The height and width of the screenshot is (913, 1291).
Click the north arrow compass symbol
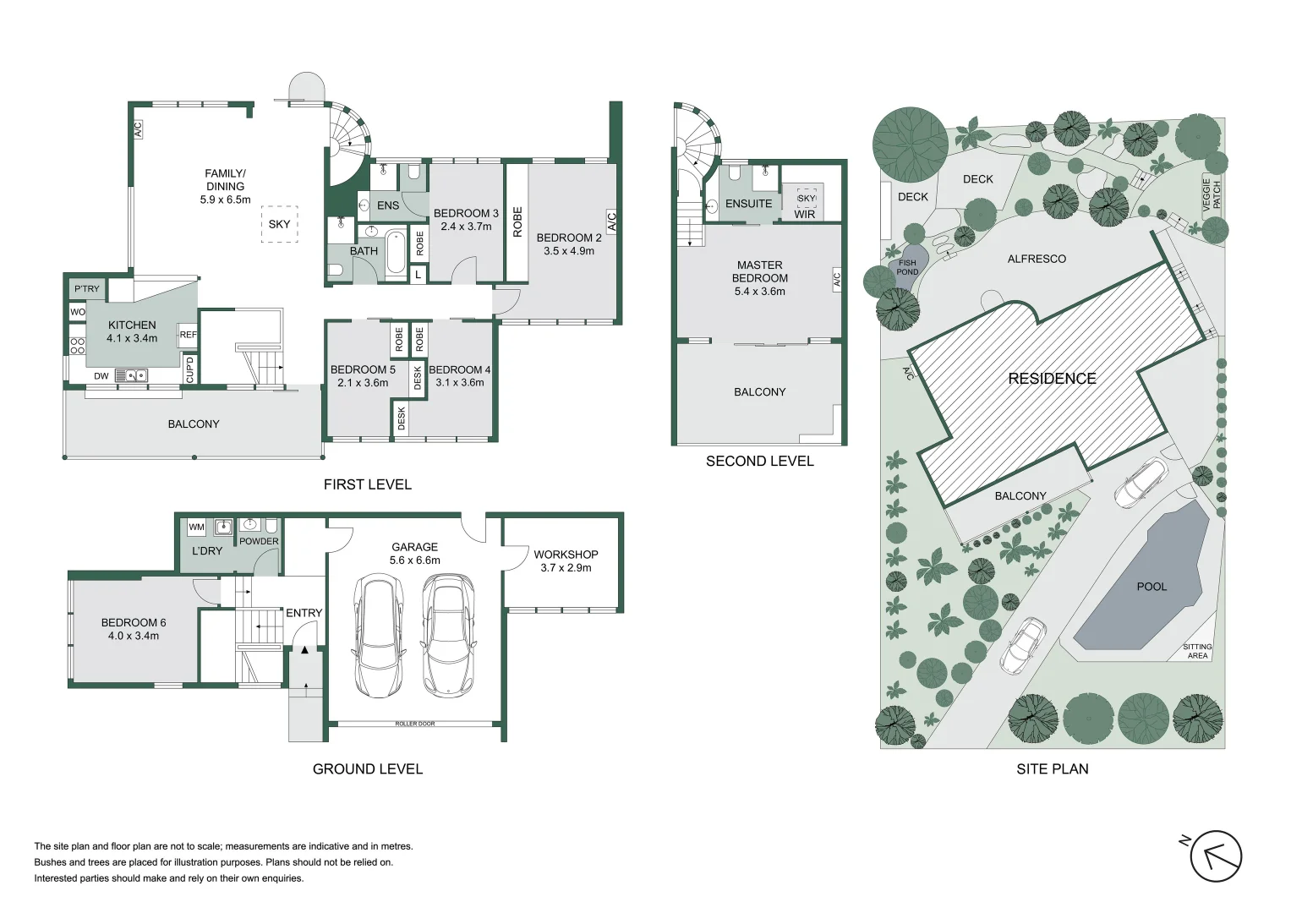point(1215,856)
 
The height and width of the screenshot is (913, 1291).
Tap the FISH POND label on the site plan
point(907,268)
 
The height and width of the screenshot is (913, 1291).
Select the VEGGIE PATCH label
point(1212,194)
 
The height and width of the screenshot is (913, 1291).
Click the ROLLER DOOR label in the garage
point(414,724)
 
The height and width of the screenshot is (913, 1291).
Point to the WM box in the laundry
point(196,527)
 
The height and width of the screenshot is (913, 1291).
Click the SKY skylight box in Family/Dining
point(279,224)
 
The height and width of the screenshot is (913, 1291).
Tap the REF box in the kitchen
point(188,335)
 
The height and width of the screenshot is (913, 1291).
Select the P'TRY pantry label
point(86,289)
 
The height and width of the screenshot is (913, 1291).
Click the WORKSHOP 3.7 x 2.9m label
point(566,560)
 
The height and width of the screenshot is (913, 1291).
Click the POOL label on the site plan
point(1151,586)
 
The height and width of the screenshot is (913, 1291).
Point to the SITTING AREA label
point(1197,651)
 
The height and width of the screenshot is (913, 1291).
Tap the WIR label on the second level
point(804,214)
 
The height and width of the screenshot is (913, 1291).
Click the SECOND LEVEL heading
point(759,461)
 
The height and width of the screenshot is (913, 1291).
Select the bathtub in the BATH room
point(396,252)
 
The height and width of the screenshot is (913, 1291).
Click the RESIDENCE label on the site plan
point(1052,379)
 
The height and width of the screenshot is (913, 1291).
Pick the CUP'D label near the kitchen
point(189,369)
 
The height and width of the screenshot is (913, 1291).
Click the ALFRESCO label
point(1037,259)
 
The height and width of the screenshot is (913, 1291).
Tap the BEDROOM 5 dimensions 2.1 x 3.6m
point(363,383)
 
